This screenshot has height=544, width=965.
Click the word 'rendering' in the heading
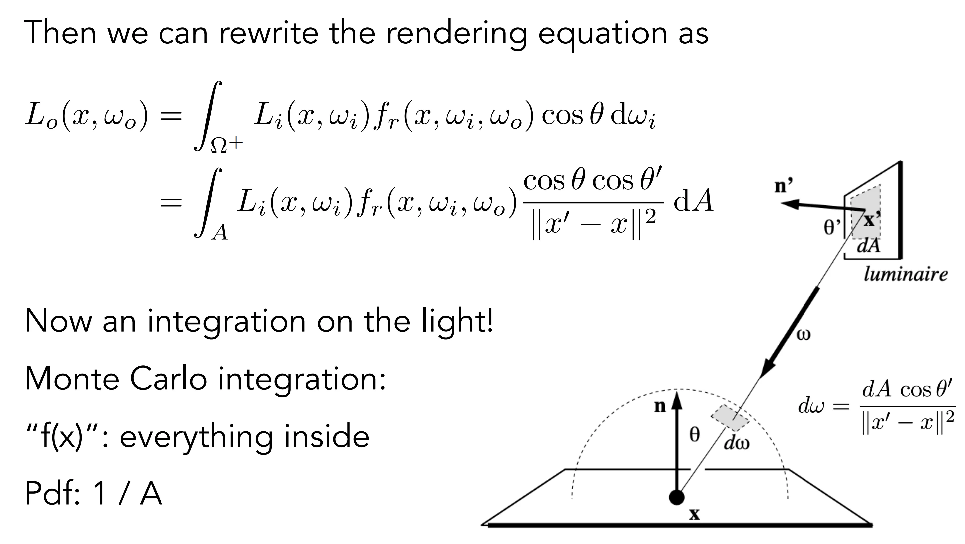pyautogui.click(x=456, y=33)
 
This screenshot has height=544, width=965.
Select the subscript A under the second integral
pyautogui.click(x=220, y=232)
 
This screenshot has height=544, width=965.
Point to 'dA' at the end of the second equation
pyautogui.click(x=694, y=201)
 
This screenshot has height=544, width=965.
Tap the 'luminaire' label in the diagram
pyautogui.click(x=906, y=274)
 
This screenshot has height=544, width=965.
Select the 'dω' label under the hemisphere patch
pyautogui.click(x=737, y=443)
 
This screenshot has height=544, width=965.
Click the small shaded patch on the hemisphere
pyautogui.click(x=730, y=418)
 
